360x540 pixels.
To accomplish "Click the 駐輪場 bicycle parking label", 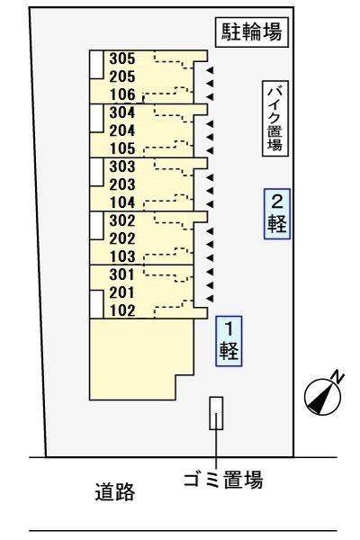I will (x=252, y=34).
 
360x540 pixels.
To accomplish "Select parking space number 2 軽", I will (x=277, y=213).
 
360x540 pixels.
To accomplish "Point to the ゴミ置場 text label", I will (x=217, y=479).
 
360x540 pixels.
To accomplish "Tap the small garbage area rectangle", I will (x=216, y=413).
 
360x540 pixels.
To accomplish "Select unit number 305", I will (x=121, y=59).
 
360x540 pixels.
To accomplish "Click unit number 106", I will (x=121, y=95).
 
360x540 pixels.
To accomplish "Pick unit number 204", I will (x=121, y=130).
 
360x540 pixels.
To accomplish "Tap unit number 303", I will (x=121, y=166).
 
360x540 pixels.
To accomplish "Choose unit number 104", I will (x=121, y=202).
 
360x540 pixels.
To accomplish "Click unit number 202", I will (x=121, y=238).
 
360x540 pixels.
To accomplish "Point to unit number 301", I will (x=121, y=274).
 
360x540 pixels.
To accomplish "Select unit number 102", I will (x=121, y=311).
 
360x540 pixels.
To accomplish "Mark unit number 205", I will (x=121, y=77).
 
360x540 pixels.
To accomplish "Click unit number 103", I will (x=121, y=256).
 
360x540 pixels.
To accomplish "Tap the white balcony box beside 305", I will (x=95, y=62).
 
